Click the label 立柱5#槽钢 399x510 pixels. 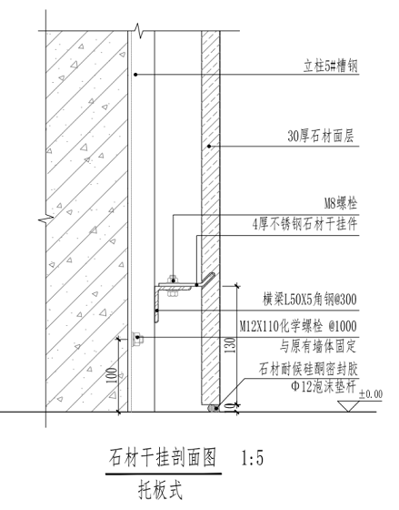click(x=331, y=66)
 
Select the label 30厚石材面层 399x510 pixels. click(x=321, y=137)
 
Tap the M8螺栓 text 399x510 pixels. click(x=341, y=204)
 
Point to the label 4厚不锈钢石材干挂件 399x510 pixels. click(x=304, y=224)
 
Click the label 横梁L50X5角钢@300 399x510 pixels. click(x=310, y=300)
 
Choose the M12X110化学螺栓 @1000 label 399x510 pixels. click(x=298, y=326)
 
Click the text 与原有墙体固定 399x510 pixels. click(x=318, y=347)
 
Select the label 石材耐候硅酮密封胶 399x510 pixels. click(x=308, y=370)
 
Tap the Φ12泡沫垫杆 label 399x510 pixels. click(x=324, y=387)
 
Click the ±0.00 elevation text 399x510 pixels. click(x=371, y=394)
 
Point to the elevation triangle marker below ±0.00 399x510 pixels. click(x=348, y=406)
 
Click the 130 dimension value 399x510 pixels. click(x=230, y=347)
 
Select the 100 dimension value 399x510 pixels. click(x=112, y=376)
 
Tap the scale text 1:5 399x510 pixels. click(x=253, y=458)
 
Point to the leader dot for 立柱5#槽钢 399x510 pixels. click(x=135, y=75)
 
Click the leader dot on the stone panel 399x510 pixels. click(x=209, y=146)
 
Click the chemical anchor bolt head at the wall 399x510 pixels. click(x=136, y=337)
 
